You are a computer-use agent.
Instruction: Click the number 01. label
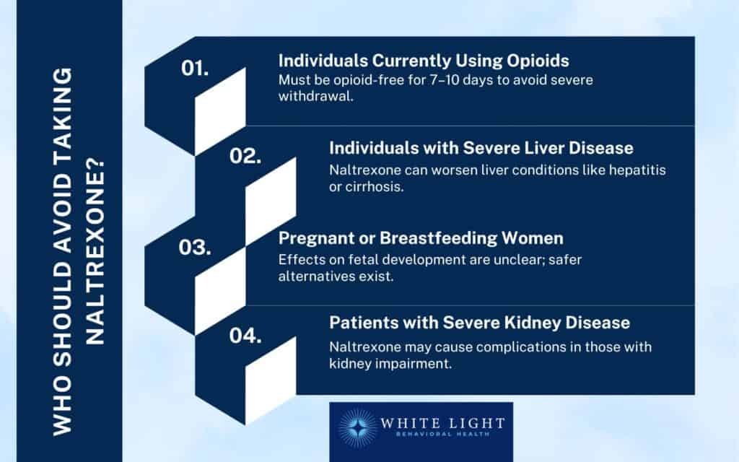pos(195,69)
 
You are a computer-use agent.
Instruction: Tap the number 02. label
pos(245,156)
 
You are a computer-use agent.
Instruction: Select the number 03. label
pos(195,248)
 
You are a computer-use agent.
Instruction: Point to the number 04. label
pos(245,336)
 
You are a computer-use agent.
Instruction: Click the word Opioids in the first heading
pos(538,61)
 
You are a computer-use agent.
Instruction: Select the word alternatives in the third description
pos(316,276)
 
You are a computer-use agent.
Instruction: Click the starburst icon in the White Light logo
pos(357,428)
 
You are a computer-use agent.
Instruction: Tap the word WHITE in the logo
pos(408,423)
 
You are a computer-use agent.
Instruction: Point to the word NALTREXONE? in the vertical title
pos(95,253)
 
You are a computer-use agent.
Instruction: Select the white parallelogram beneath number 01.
pos(220,112)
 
